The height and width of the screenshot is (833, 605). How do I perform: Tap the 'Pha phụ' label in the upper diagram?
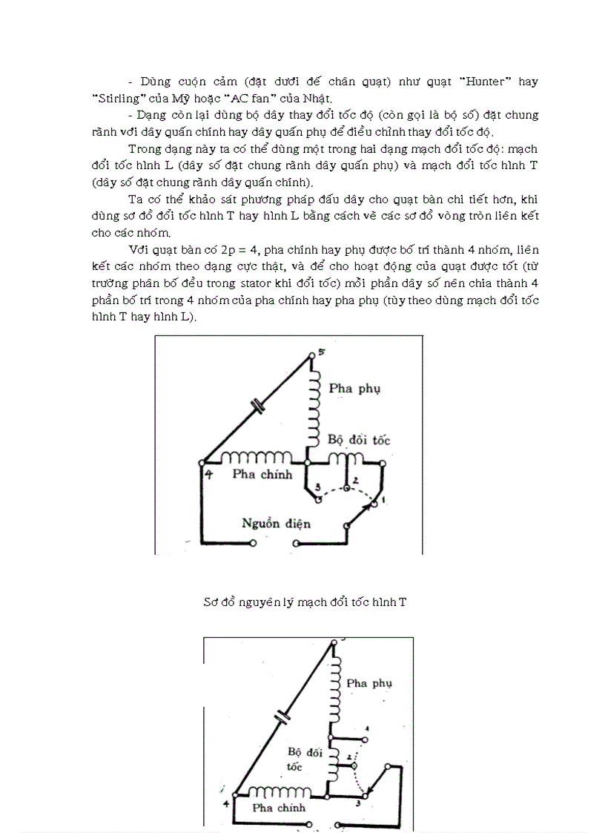pos(354,388)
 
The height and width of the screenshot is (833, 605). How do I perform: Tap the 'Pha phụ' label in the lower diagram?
pos(368,682)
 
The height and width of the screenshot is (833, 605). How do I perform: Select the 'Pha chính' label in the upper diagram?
pos(262,475)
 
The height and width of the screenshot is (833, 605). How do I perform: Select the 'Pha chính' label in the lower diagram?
pos(279,808)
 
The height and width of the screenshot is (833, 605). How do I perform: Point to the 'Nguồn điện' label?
pos(276,524)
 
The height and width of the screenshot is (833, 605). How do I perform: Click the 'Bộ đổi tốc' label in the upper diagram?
pos(359,440)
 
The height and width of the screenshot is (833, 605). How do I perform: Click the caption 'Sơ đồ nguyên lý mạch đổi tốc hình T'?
pos(305,602)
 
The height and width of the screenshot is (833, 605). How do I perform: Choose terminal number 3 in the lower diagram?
pos(359,801)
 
